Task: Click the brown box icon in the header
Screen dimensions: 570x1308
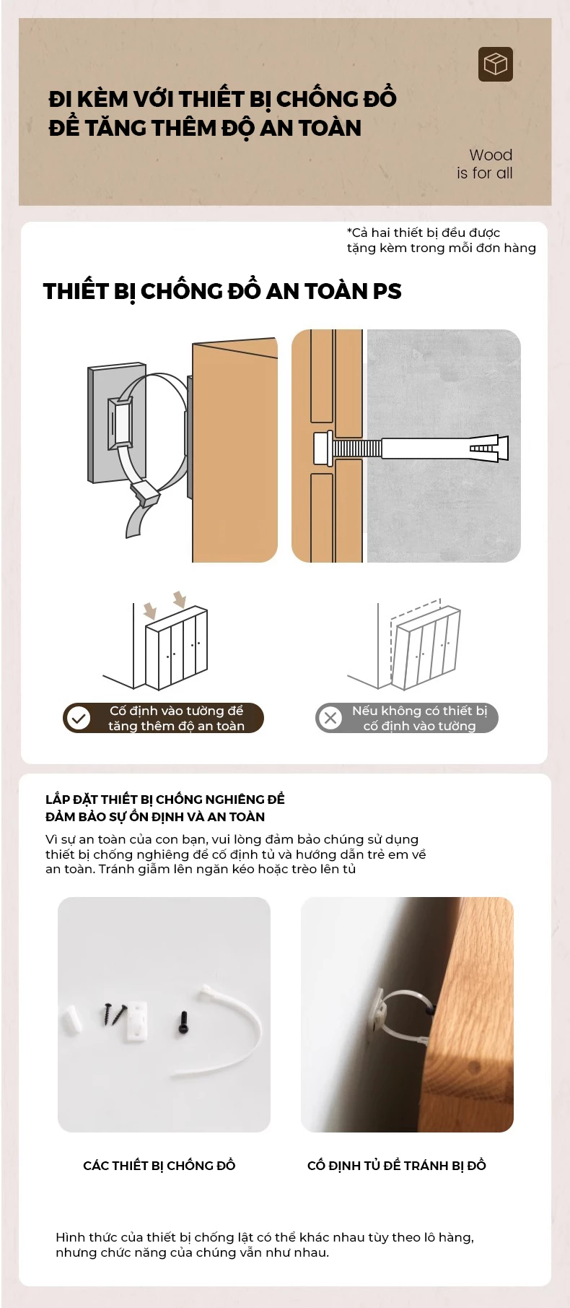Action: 495,64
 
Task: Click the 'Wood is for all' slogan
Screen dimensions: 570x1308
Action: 485,164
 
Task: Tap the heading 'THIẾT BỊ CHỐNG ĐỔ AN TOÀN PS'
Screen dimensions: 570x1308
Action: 222,291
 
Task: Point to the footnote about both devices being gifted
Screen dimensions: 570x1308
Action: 442,240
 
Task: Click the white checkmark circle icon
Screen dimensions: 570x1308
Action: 79,718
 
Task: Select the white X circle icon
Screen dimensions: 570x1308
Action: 330,718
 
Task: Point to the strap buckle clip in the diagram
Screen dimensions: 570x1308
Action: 145,493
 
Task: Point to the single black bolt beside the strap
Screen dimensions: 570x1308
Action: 183,1023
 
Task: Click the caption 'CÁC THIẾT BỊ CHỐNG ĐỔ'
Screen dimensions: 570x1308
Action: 159,1165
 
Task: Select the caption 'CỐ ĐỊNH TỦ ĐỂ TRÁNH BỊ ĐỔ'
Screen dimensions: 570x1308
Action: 397,1165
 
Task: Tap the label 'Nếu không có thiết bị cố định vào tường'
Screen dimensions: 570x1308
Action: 419,718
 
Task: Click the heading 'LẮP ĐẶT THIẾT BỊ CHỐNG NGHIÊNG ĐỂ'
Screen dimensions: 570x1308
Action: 165,799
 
